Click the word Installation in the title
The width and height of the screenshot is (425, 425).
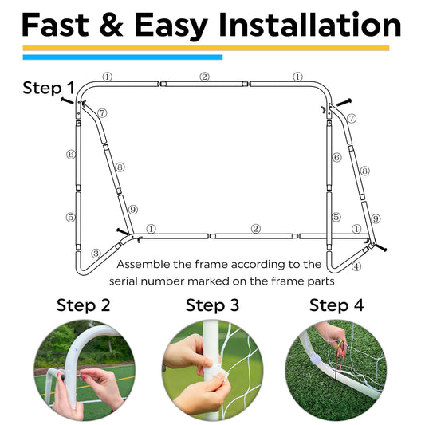(x=310, y=25)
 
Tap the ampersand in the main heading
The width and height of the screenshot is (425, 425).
(x=111, y=25)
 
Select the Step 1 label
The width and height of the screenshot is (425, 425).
(x=49, y=88)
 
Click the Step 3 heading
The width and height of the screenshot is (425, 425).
(x=212, y=305)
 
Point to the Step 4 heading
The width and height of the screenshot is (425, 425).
(x=336, y=305)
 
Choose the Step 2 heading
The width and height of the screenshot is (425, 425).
(x=83, y=305)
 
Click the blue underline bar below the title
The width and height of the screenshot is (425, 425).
(x=123, y=57)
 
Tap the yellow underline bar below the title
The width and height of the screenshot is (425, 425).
(x=206, y=49)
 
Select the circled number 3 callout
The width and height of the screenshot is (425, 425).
(x=96, y=254)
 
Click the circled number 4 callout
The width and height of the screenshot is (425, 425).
(x=356, y=266)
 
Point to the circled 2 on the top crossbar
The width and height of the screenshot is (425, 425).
(x=205, y=77)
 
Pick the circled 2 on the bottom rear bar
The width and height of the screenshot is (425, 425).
(x=256, y=229)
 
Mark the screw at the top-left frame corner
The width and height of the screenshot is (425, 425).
(x=67, y=100)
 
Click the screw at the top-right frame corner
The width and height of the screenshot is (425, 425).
(x=344, y=102)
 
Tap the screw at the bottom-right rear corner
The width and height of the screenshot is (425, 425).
(x=380, y=247)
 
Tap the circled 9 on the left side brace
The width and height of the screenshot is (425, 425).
(x=133, y=210)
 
